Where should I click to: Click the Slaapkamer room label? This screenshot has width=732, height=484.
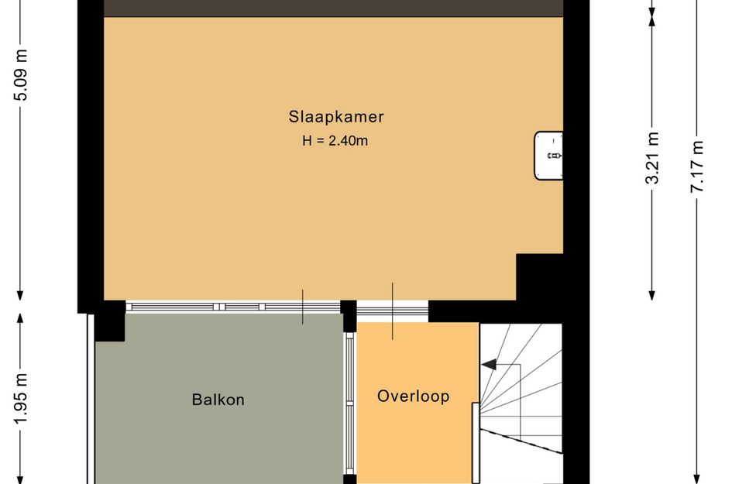(336, 117)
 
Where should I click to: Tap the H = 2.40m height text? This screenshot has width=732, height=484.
(335, 140)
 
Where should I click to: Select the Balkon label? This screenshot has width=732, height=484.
(218, 400)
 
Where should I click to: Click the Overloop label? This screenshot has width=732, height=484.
(413, 396)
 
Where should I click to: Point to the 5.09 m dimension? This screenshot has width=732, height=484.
(21, 74)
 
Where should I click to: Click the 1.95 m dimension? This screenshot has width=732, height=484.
(21, 398)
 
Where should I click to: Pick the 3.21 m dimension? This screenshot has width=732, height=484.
(652, 158)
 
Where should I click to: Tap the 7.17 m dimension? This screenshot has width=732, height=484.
(696, 166)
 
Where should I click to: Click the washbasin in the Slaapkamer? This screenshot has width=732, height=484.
(548, 156)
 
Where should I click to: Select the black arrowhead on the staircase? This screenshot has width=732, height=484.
(489, 365)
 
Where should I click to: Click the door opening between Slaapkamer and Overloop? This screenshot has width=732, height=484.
(392, 311)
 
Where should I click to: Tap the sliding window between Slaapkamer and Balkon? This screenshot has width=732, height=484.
(232, 307)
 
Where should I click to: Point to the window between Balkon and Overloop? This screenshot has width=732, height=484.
(349, 403)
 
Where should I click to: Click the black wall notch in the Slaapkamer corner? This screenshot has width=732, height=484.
(539, 277)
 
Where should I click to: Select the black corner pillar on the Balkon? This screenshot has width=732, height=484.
(110, 321)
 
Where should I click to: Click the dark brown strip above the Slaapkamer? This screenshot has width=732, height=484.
(333, 8)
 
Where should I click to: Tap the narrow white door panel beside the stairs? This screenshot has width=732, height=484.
(476, 443)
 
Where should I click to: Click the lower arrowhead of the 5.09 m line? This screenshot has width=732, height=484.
(20, 294)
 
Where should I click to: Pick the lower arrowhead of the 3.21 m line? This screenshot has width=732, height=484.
(652, 294)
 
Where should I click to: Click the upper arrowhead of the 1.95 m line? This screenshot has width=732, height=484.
(20, 318)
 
